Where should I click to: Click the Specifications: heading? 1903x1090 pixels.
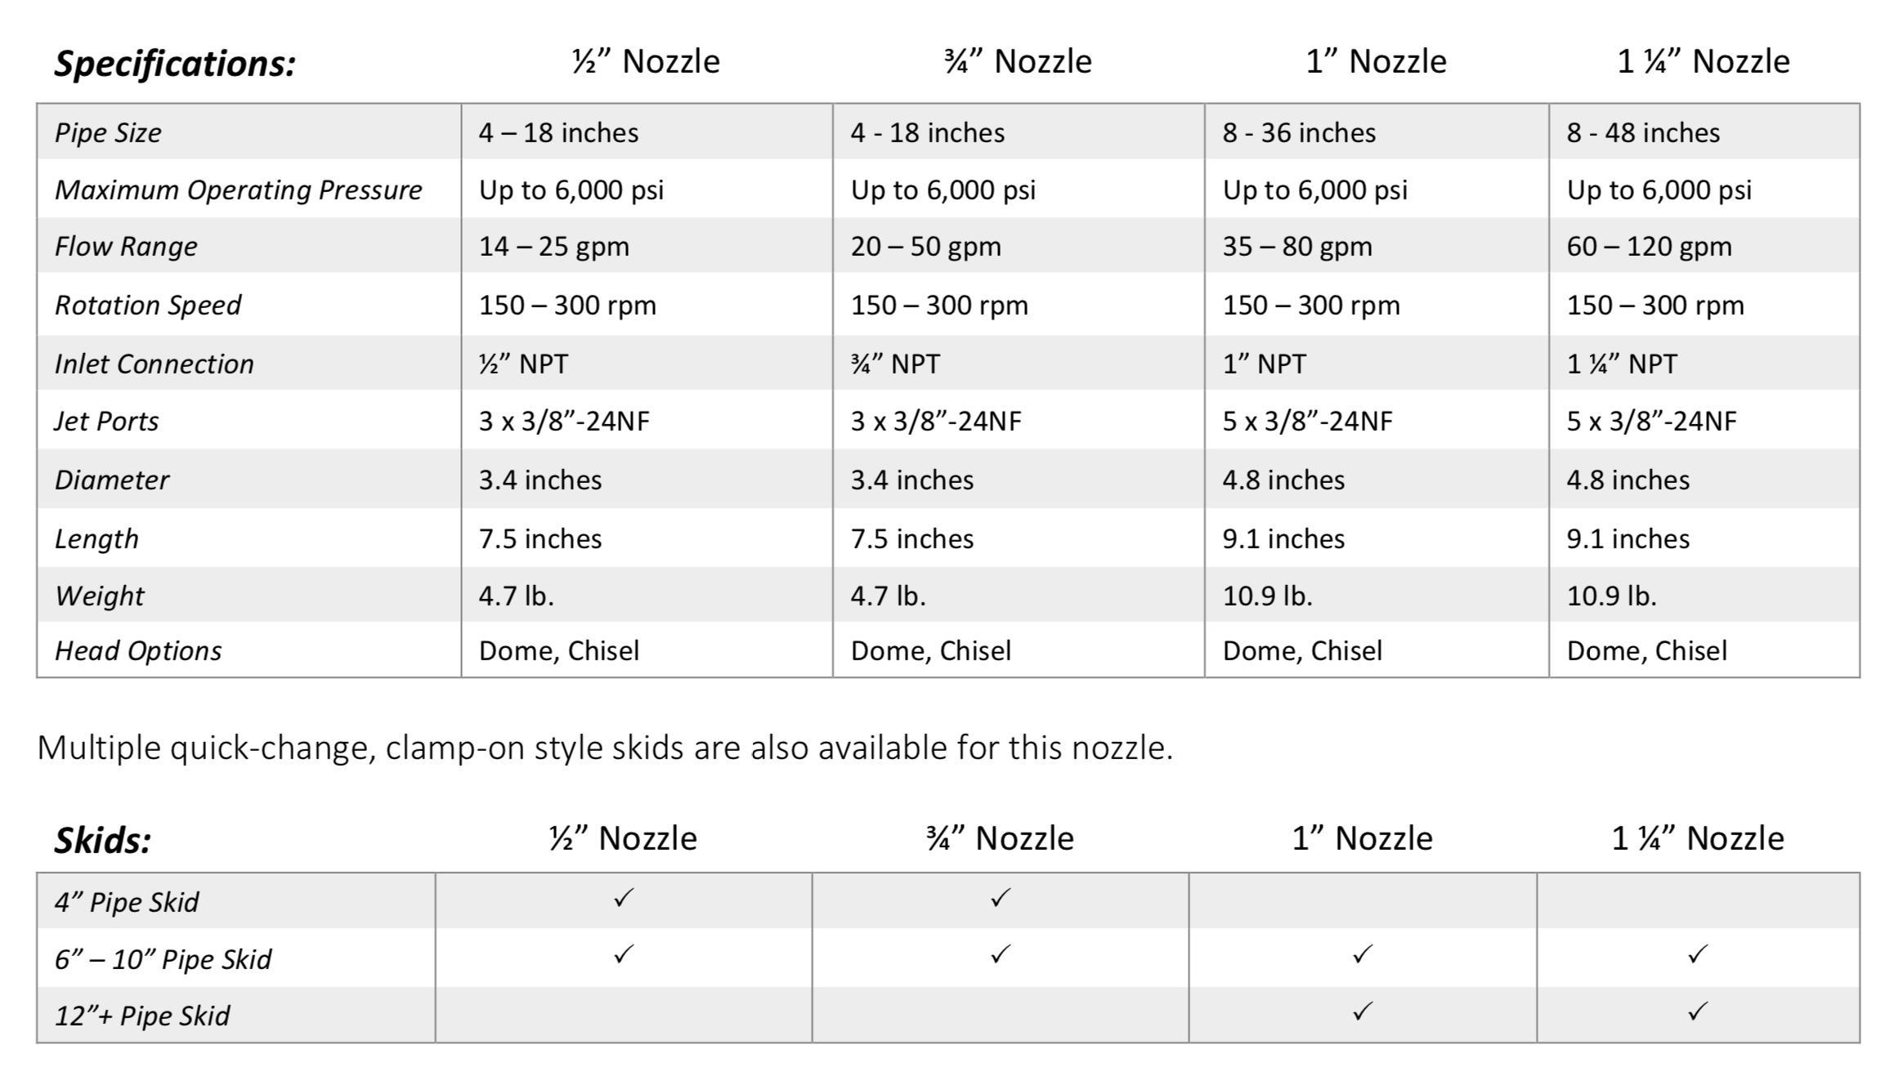point(175,64)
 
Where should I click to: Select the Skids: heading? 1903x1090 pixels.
point(103,841)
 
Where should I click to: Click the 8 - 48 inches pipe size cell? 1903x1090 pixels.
point(1643,132)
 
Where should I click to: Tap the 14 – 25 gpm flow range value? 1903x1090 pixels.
point(553,247)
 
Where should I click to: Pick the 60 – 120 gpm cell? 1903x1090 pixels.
point(1649,247)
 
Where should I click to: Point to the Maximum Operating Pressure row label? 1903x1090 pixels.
point(238,190)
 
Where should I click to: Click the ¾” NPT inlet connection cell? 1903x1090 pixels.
point(895,364)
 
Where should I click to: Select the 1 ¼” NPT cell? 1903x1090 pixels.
point(1622,364)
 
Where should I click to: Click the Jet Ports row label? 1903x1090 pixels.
point(106,421)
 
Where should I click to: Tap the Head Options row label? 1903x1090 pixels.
point(138,650)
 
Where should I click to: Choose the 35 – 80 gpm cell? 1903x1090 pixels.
point(1297,247)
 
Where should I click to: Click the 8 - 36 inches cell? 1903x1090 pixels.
point(1299,132)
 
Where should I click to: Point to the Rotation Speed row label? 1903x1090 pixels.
point(148,305)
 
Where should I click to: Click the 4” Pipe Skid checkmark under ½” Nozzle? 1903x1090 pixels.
point(623,899)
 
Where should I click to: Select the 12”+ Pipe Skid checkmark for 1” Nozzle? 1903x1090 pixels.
point(1362,1012)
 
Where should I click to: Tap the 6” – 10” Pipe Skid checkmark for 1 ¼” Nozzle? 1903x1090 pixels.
point(1697,954)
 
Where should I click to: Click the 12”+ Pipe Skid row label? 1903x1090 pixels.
point(142,1016)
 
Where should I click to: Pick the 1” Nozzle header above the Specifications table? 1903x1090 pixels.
point(1376,62)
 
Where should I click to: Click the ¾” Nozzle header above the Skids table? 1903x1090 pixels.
point(1000,839)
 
